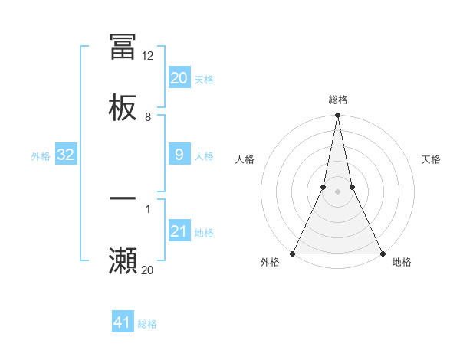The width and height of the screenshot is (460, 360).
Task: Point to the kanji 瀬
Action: point(123,261)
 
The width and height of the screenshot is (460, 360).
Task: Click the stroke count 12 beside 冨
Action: point(148,56)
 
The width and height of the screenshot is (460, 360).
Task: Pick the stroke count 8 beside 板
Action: point(148,117)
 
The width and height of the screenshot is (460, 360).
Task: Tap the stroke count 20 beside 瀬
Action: point(148,270)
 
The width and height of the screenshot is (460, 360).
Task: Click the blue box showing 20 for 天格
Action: point(179,78)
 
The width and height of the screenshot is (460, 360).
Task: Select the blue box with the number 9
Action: point(179,155)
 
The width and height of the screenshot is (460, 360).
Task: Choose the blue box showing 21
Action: point(179,231)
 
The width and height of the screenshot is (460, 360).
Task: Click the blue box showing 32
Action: point(65,155)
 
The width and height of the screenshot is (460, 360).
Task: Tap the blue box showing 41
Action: point(123,322)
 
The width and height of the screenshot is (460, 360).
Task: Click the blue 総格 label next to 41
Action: point(147,324)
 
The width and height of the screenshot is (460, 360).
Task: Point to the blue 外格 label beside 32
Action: point(41,156)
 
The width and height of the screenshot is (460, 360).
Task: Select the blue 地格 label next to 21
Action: point(204,233)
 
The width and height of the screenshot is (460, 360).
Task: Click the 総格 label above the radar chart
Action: point(337,100)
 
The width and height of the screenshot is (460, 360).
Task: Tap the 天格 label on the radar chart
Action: point(432,159)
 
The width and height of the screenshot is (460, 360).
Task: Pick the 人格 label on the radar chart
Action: point(245,159)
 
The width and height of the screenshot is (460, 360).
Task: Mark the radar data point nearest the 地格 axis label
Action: point(382,253)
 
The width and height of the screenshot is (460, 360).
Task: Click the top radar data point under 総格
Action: point(337,116)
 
